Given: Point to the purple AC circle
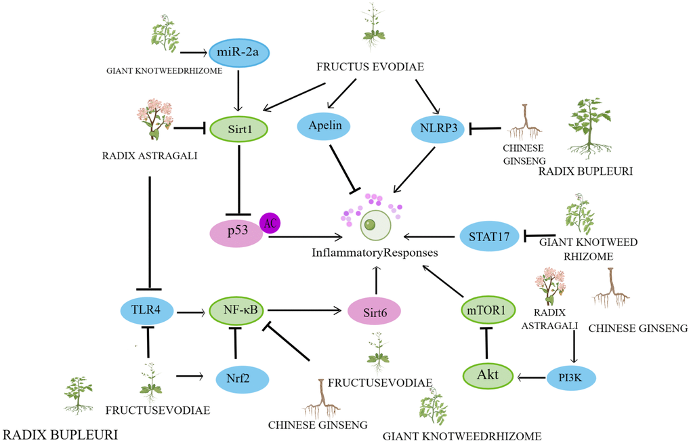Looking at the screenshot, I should [x=270, y=223].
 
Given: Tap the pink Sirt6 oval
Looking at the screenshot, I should [x=374, y=312].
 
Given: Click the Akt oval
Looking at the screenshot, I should [x=488, y=375].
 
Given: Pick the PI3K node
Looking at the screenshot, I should [x=572, y=375].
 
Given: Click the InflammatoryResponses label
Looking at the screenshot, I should [x=374, y=252].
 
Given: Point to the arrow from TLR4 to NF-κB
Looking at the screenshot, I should [x=192, y=312].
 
